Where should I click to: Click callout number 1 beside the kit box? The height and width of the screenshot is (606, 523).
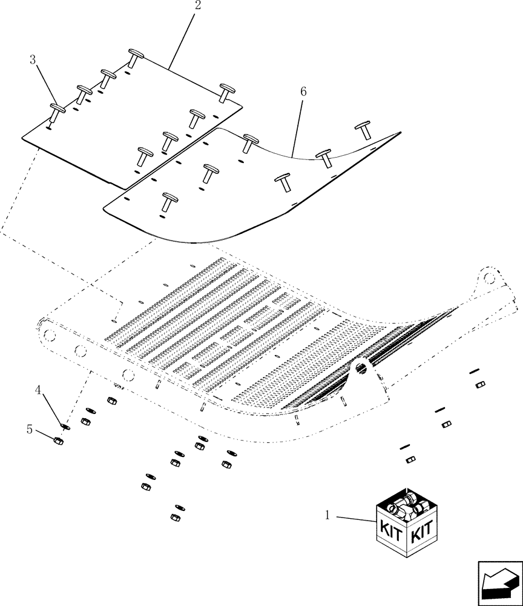(327, 516)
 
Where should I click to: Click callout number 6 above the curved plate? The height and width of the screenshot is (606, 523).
(303, 92)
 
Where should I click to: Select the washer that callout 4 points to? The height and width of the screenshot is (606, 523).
(66, 427)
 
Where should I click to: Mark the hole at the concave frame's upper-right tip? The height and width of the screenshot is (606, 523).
(488, 276)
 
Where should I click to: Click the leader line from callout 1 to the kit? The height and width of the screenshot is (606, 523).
(354, 519)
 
